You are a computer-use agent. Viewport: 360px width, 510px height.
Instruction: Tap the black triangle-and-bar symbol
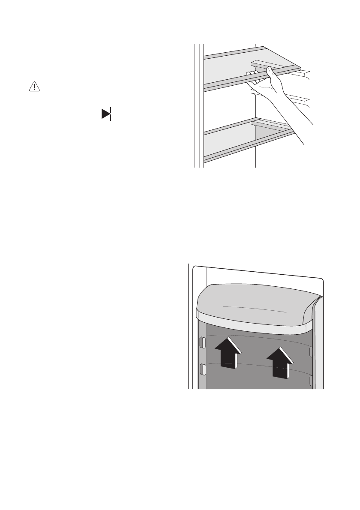pyautogui.click(x=106, y=114)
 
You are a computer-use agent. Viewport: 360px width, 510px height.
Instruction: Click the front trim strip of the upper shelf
pyautogui.click(x=231, y=81)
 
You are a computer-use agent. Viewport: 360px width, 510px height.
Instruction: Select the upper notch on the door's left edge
pyautogui.click(x=203, y=343)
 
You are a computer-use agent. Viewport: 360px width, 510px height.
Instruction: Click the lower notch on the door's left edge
pyautogui.click(x=203, y=369)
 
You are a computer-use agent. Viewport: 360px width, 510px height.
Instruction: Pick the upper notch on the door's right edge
pyautogui.click(x=312, y=351)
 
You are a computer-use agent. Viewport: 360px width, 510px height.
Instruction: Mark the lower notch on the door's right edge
pyautogui.click(x=312, y=380)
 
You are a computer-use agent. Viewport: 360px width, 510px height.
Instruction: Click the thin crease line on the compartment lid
pyautogui.click(x=255, y=308)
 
